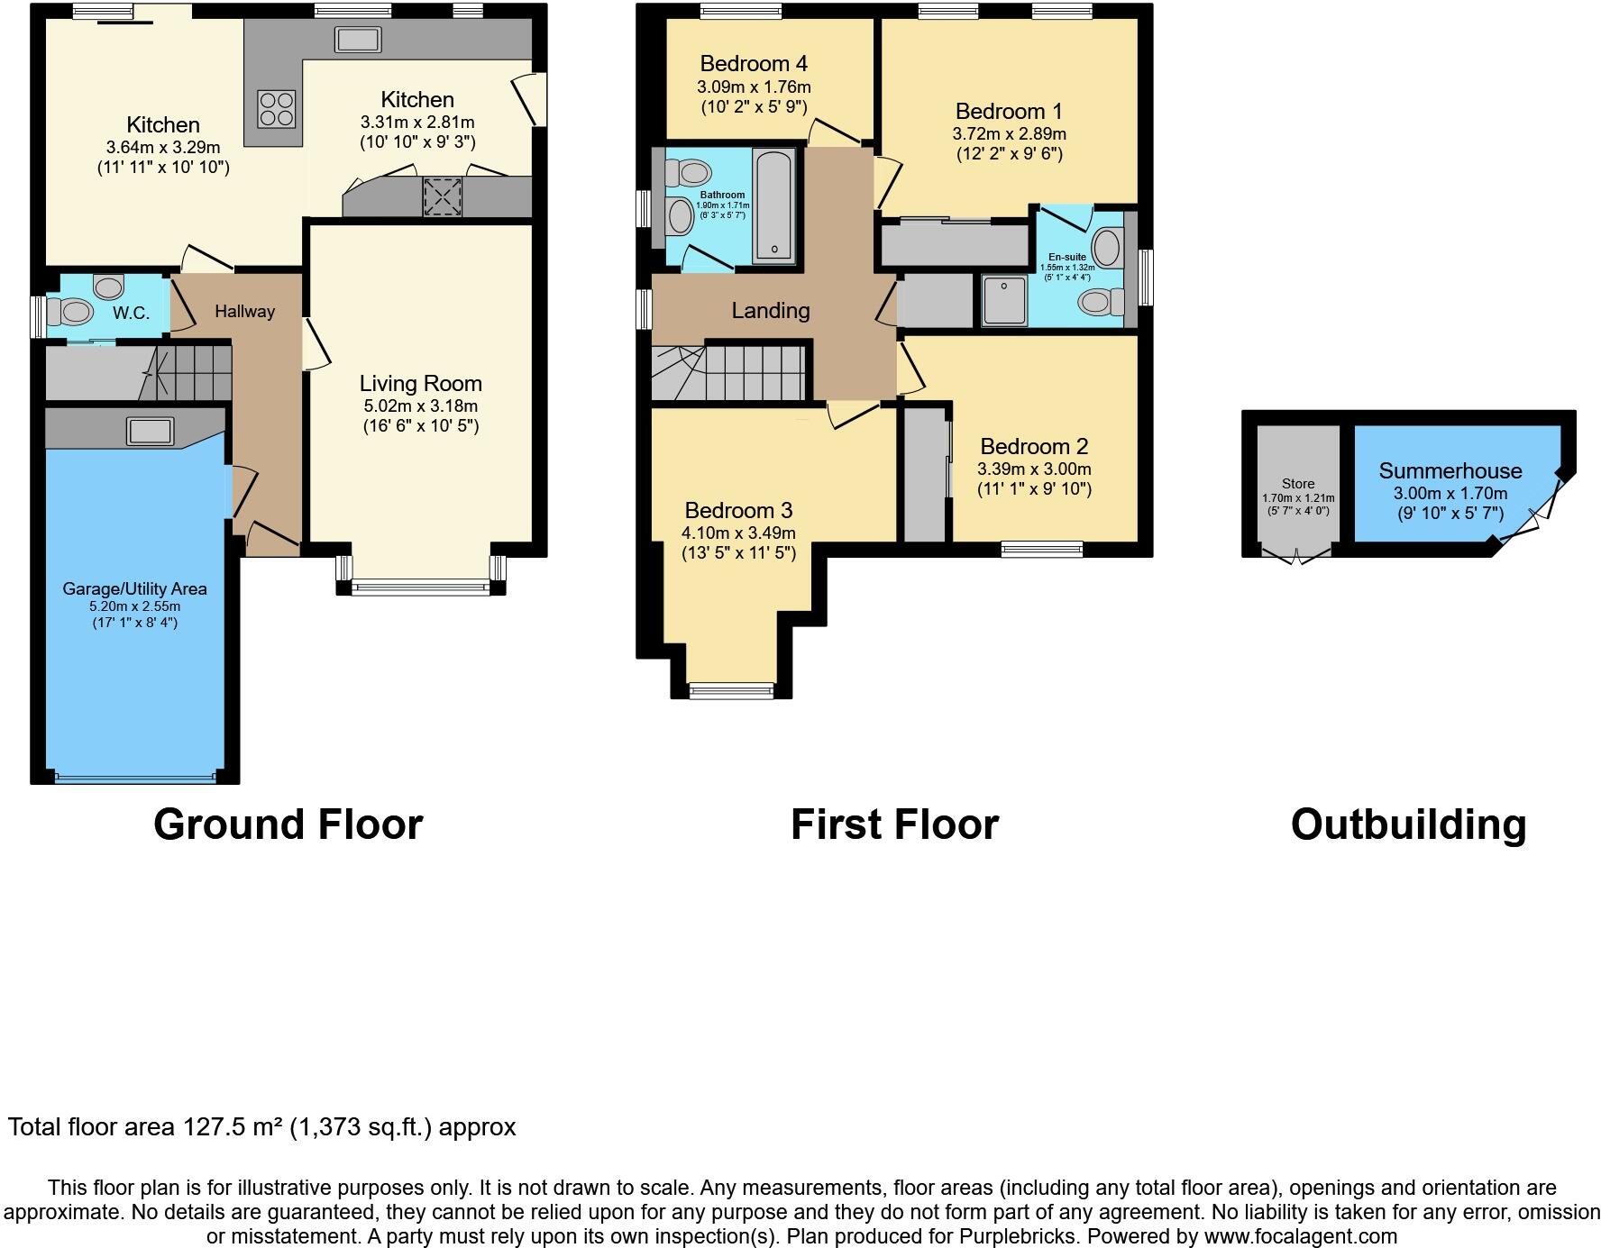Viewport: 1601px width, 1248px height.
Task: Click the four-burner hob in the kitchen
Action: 277,108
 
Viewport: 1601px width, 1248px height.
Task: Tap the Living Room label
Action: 420,384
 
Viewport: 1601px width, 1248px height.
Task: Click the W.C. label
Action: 131,314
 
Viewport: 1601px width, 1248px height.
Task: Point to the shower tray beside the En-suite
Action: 1004,300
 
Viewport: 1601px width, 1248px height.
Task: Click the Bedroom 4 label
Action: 753,64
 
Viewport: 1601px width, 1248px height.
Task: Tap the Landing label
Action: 770,311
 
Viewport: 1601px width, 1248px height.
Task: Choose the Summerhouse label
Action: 1450,471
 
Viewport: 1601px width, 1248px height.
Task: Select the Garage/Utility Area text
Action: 134,589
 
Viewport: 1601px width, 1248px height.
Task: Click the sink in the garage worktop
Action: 151,431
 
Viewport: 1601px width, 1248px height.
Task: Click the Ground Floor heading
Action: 288,824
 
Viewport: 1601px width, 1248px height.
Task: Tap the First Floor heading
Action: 894,824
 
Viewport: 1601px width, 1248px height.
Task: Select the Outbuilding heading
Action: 1408,824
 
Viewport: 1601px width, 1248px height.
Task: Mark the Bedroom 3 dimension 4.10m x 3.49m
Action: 738,533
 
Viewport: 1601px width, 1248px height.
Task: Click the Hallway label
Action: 244,312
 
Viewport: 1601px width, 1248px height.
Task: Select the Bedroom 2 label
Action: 1034,447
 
